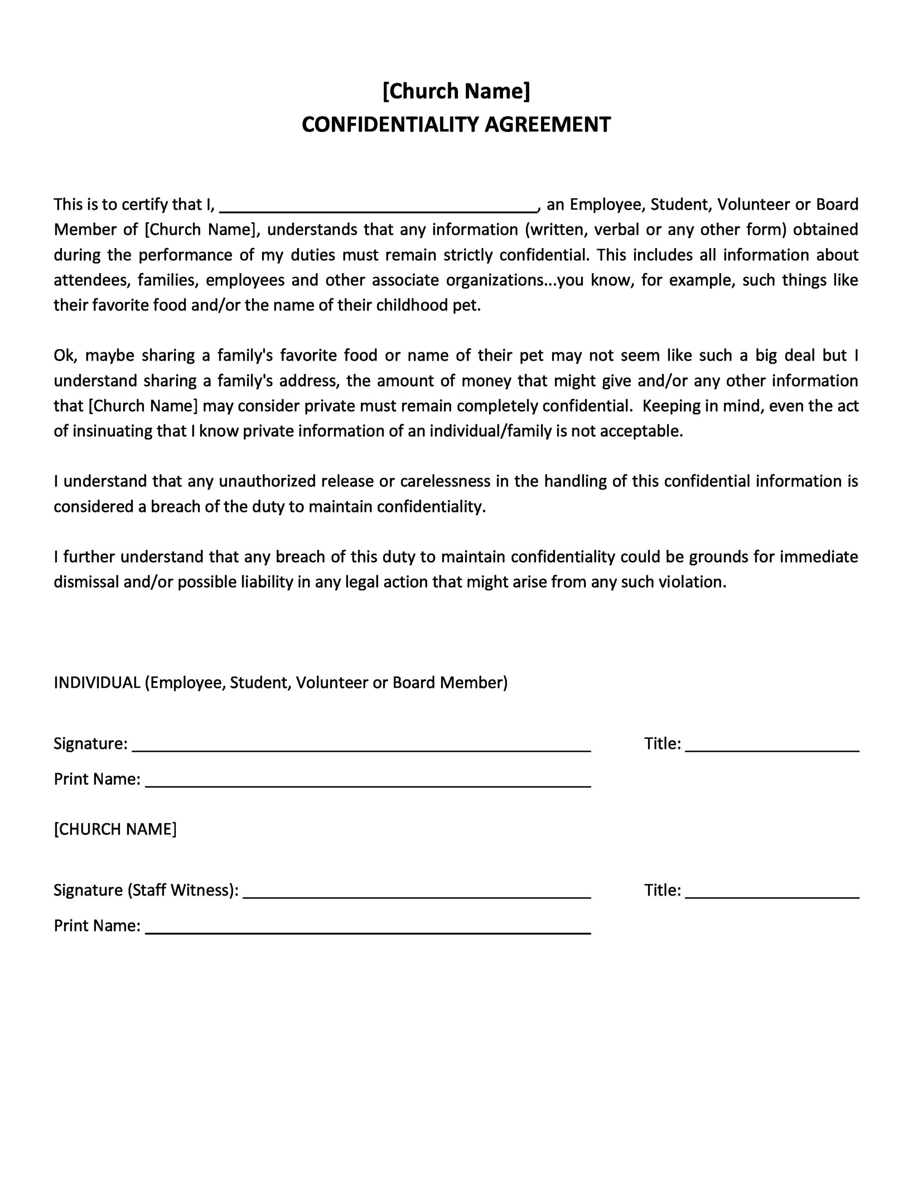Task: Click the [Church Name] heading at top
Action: click(x=456, y=91)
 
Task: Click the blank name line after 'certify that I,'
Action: click(x=378, y=207)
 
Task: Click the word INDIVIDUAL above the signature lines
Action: click(x=97, y=683)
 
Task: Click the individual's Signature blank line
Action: click(x=361, y=745)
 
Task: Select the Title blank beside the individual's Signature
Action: click(x=772, y=745)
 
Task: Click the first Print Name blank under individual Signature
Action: click(x=368, y=781)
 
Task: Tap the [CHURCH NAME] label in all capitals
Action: click(x=115, y=829)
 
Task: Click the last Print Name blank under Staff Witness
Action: click(x=368, y=927)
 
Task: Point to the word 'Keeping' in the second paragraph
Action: click(x=671, y=406)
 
